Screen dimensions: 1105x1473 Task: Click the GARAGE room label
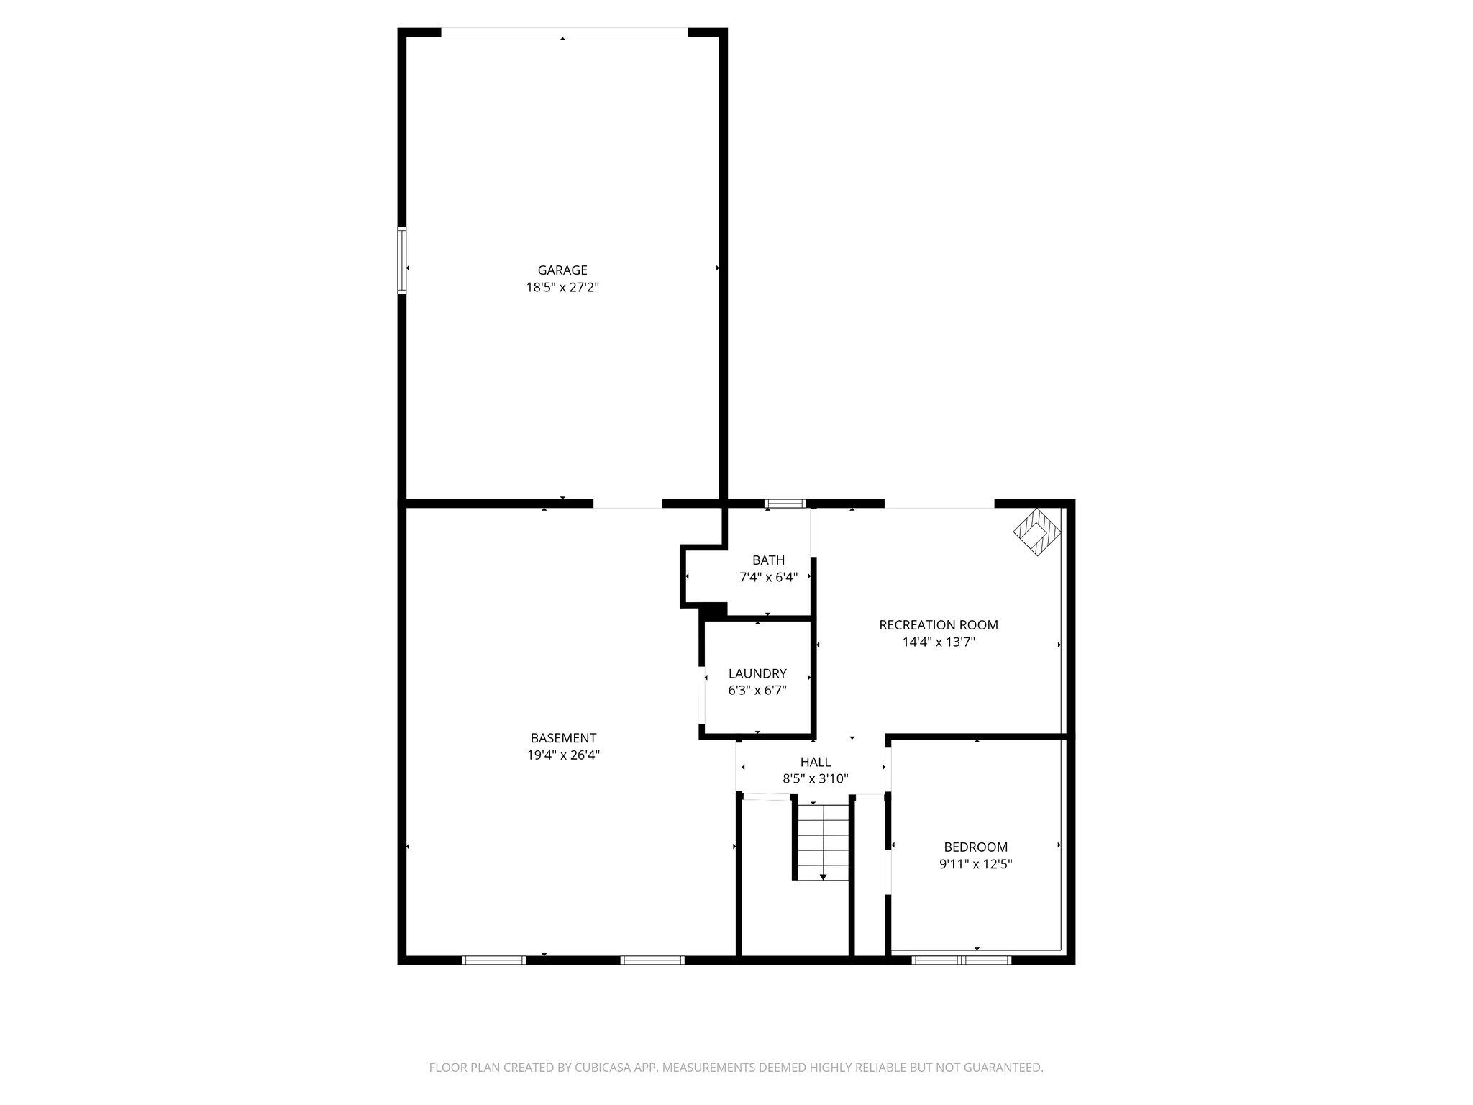coord(562,270)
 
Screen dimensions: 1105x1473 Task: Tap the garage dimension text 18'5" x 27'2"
coord(562,288)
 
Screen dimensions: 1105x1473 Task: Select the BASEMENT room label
coord(563,738)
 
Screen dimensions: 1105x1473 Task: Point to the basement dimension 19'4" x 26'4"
coord(563,755)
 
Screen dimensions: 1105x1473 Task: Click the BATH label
coord(768,560)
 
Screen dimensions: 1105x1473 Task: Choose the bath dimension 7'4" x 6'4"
coord(768,577)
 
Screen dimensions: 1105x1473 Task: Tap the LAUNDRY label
coord(757,674)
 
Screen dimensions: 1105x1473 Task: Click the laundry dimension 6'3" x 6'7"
coord(757,691)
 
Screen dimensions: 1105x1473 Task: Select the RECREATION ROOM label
coord(939,625)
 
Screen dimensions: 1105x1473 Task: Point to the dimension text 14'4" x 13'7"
coord(939,642)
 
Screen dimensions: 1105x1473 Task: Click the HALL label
coord(816,762)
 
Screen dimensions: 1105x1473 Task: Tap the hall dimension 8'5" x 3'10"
coord(816,778)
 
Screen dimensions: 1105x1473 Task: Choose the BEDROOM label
coord(976,847)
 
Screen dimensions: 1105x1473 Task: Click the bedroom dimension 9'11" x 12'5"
coord(976,864)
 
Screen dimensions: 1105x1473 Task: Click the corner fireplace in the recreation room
coord(1038,532)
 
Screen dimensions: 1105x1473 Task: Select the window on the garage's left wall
coord(402,260)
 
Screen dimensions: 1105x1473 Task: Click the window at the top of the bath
coord(785,504)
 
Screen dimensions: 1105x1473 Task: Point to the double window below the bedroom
coord(962,960)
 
